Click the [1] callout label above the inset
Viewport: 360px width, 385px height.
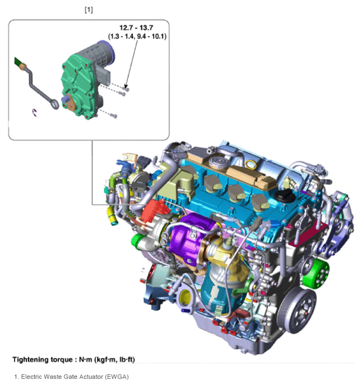pos(89,10)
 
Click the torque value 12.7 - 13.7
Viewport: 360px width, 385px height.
pos(136,28)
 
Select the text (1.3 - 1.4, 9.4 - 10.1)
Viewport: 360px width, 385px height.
pos(137,36)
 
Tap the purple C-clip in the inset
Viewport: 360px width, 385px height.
pos(35,113)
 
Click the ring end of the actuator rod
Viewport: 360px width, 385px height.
pos(55,103)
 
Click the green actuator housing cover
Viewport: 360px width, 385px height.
pos(79,86)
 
